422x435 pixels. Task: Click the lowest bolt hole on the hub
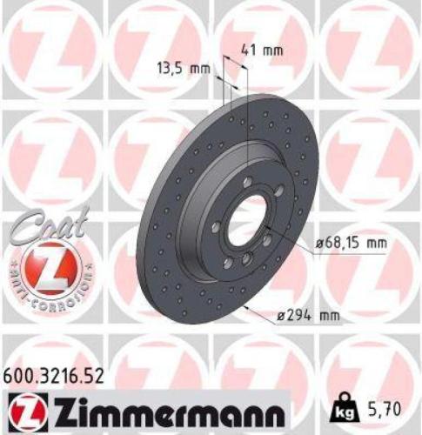[246, 258]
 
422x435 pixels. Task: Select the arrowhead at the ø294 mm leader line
[247, 307]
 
